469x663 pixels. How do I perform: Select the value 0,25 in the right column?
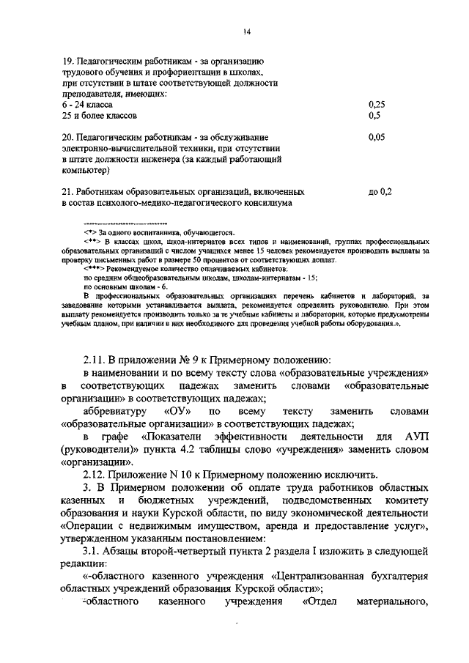[x=377, y=105]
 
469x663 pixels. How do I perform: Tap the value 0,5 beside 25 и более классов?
[x=374, y=116]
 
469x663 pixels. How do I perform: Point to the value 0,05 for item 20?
[x=377, y=137]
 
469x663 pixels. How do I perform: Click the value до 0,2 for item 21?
[x=381, y=191]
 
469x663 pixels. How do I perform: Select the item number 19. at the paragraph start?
[x=68, y=61]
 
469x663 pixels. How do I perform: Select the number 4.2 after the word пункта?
[x=202, y=451]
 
